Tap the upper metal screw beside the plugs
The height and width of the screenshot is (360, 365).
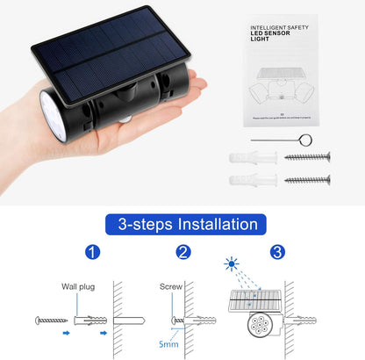308,157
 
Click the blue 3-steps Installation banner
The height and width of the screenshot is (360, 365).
182,225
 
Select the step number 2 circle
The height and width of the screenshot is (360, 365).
183,253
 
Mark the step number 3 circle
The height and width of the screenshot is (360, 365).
278,253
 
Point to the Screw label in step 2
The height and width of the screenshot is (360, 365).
170,285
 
